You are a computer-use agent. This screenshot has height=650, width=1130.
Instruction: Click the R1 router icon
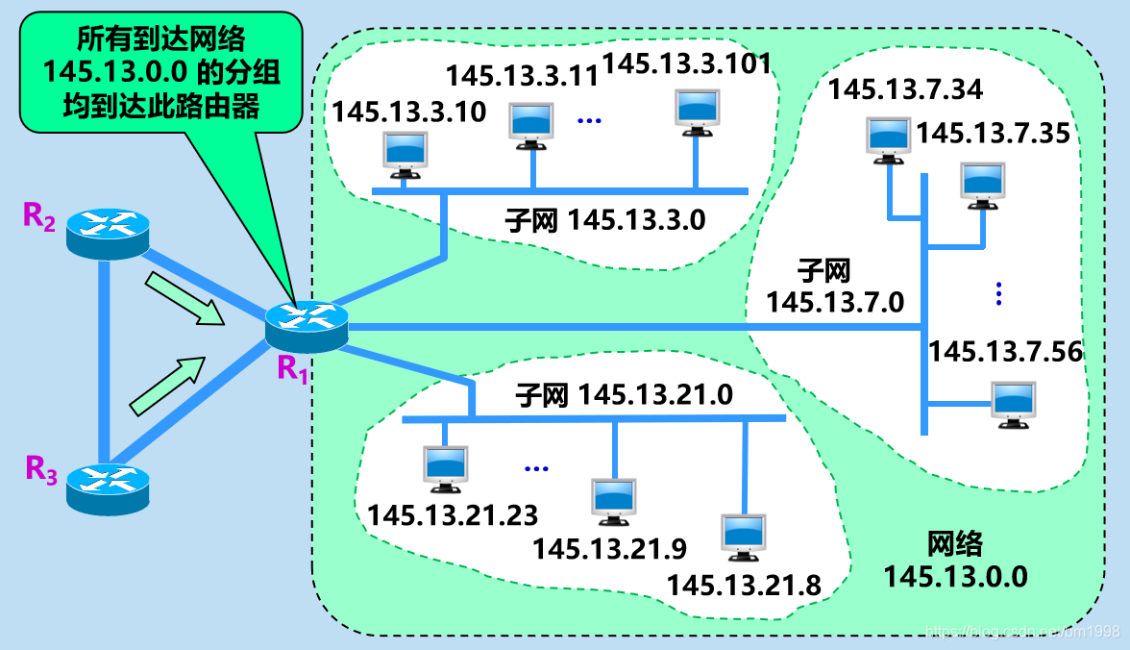307,326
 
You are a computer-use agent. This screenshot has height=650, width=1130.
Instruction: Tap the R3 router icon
109,488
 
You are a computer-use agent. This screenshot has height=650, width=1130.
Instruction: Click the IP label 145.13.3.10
409,112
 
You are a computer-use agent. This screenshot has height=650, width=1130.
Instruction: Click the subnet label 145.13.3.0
605,220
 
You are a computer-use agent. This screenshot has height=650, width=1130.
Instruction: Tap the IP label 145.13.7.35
993,133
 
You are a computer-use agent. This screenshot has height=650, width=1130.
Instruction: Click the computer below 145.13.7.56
1014,403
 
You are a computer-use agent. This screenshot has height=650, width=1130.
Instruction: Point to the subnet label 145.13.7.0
835,287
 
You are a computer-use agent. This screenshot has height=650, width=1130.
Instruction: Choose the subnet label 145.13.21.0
624,394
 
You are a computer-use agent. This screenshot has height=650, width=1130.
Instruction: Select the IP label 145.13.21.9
609,549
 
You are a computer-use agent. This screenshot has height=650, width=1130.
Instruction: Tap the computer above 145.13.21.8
744,537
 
